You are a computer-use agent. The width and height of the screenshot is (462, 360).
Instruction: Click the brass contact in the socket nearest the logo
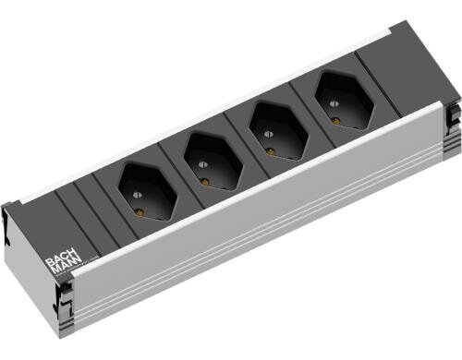point(140,211)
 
